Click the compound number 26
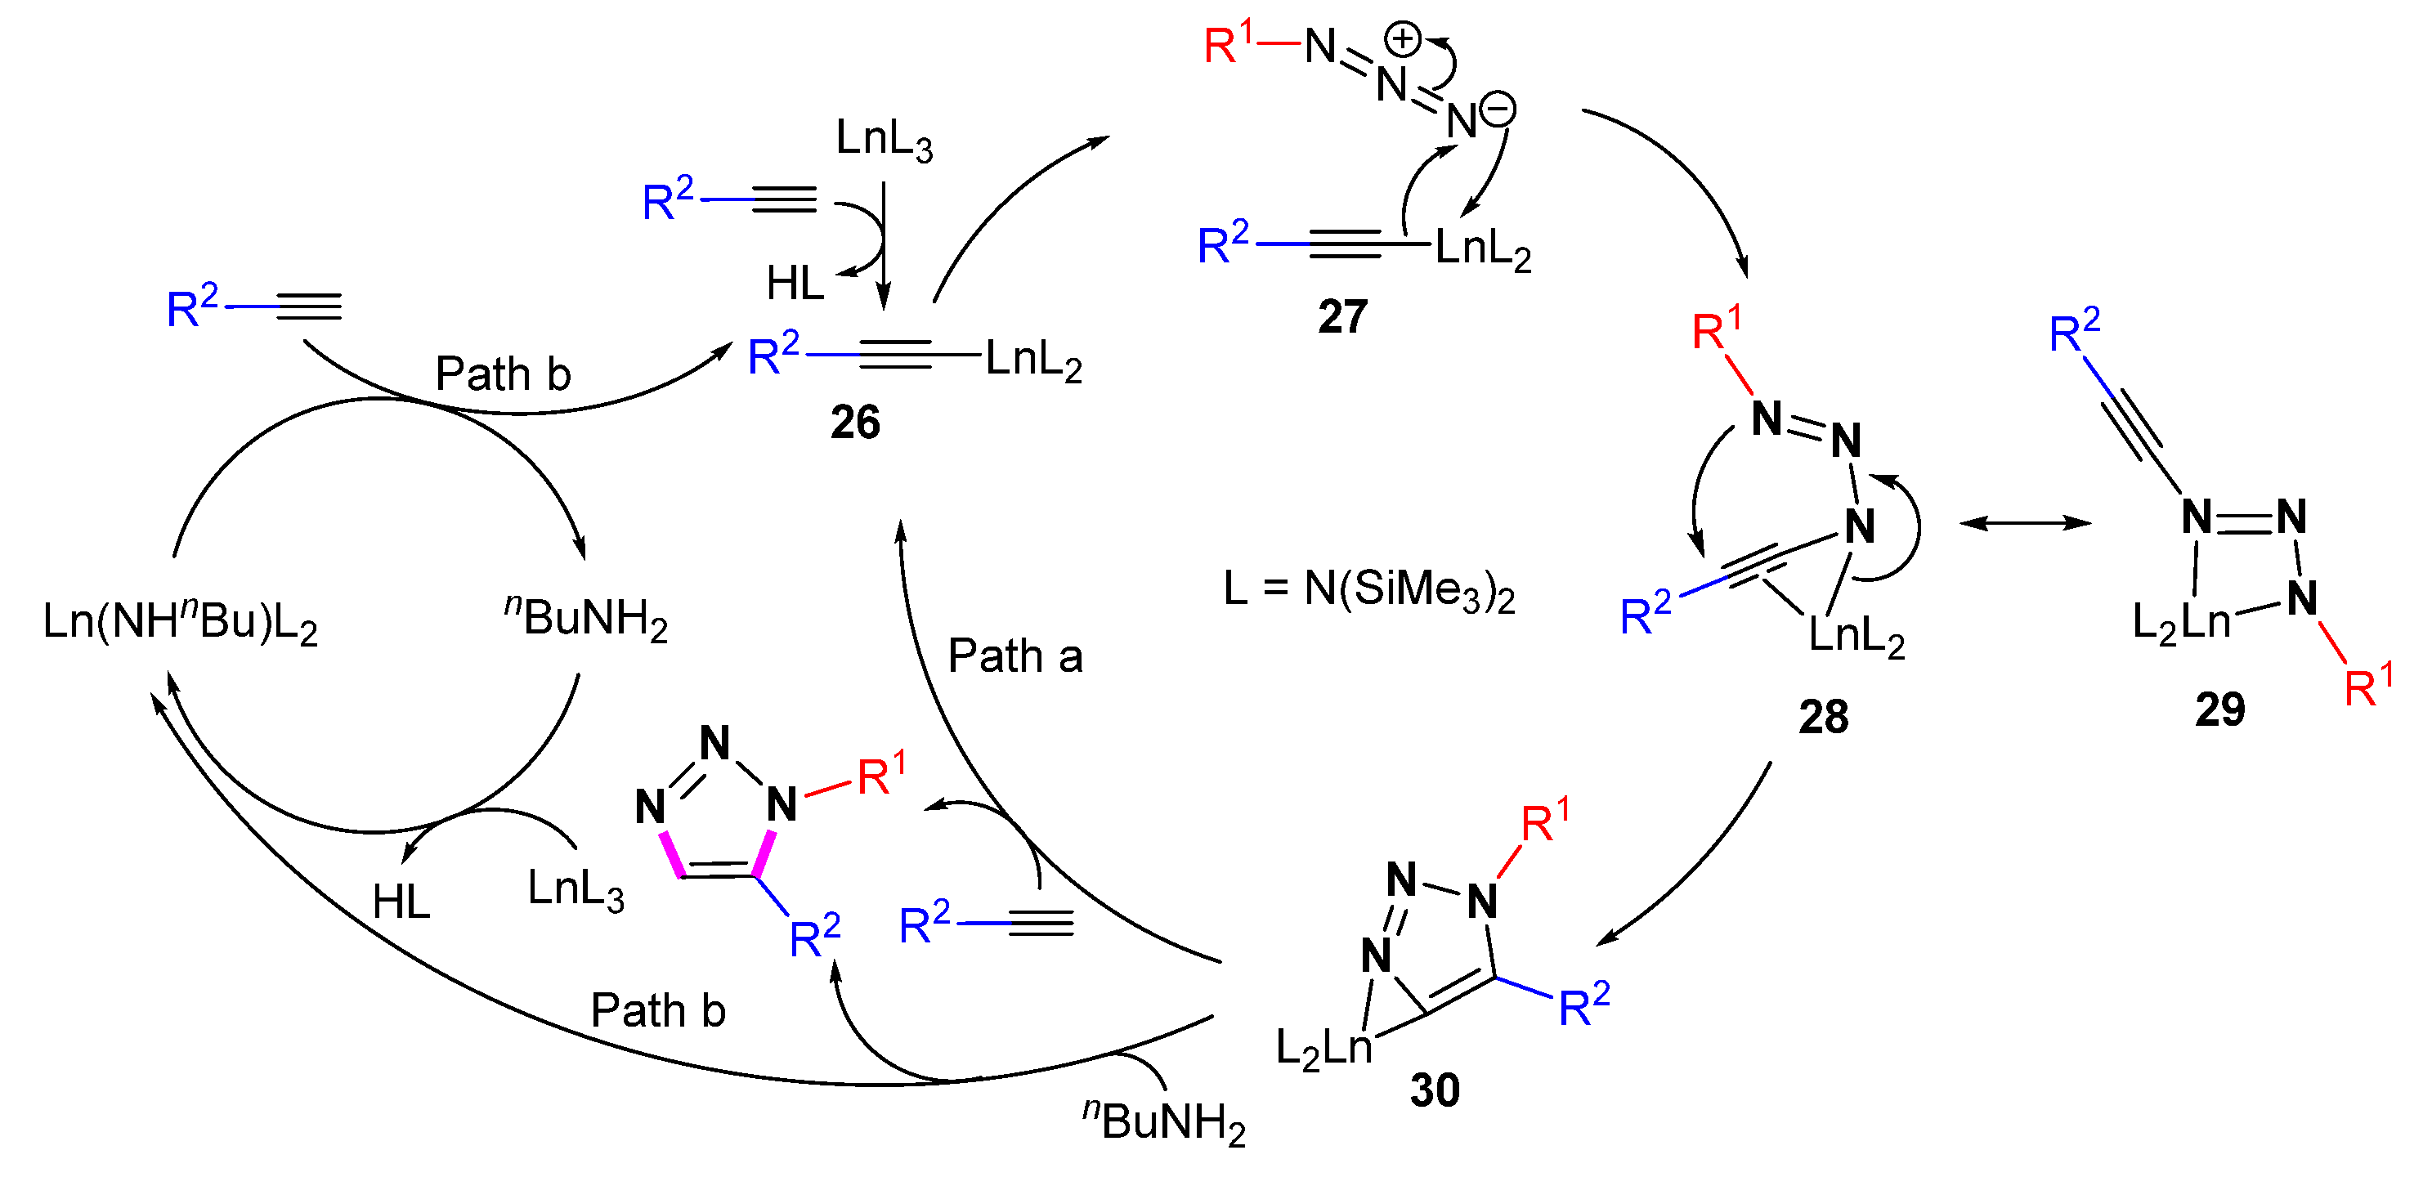(x=854, y=422)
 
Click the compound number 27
(x=1341, y=316)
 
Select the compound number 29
(x=2219, y=709)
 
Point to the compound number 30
(x=1434, y=1090)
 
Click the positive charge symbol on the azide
(x=1402, y=40)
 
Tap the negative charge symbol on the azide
(x=1498, y=110)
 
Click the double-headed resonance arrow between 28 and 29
(x=2025, y=522)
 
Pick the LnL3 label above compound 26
(x=884, y=140)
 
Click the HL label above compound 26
(x=795, y=283)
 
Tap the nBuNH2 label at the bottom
(x=1163, y=1121)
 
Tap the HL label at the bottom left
(x=401, y=902)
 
